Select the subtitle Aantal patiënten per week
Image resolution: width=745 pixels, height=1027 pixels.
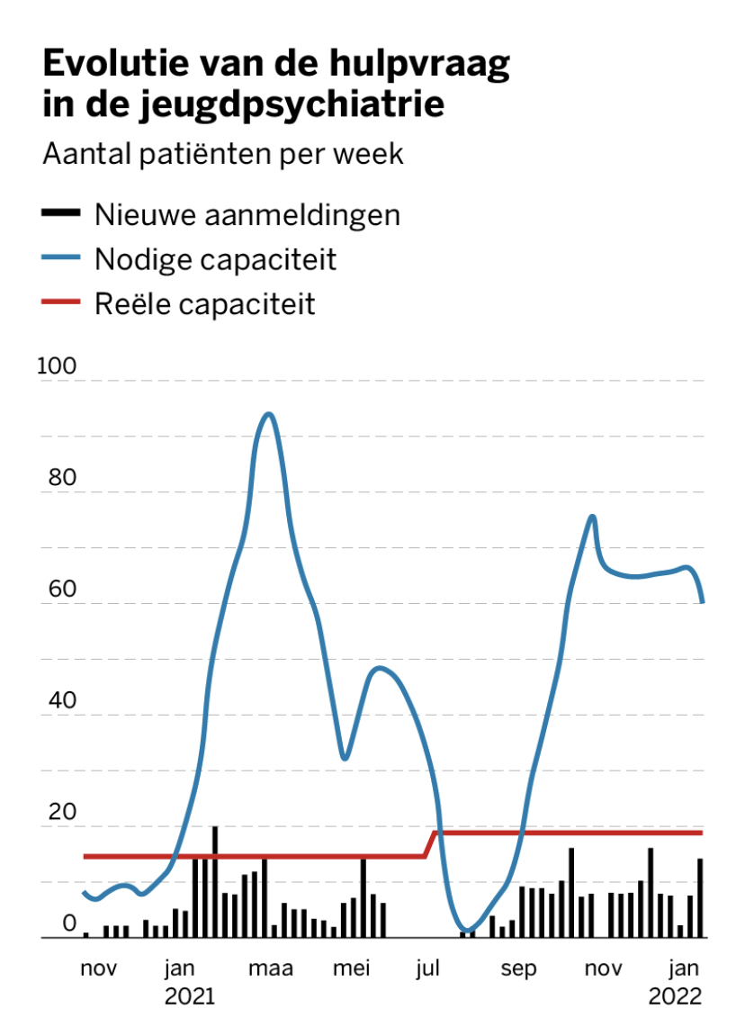pyautogui.click(x=223, y=154)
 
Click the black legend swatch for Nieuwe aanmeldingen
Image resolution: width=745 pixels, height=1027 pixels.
pyautogui.click(x=60, y=213)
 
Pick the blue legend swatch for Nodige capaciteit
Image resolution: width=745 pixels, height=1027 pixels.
pyautogui.click(x=60, y=259)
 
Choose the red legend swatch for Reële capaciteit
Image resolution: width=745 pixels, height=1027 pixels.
pyautogui.click(x=60, y=303)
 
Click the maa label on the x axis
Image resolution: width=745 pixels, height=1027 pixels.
pyautogui.click(x=271, y=968)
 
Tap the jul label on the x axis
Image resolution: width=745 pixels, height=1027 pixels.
pyautogui.click(x=427, y=968)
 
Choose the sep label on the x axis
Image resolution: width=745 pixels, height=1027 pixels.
pyautogui.click(x=518, y=968)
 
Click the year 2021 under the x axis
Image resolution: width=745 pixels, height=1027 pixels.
pyautogui.click(x=191, y=996)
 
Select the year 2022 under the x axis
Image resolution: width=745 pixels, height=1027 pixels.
pyautogui.click(x=675, y=996)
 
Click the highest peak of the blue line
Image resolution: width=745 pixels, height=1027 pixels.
pyautogui.click(x=267, y=414)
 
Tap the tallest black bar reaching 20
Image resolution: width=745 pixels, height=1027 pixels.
pyautogui.click(x=215, y=881)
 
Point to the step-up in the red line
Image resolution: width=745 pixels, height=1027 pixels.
pyautogui.click(x=432, y=843)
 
